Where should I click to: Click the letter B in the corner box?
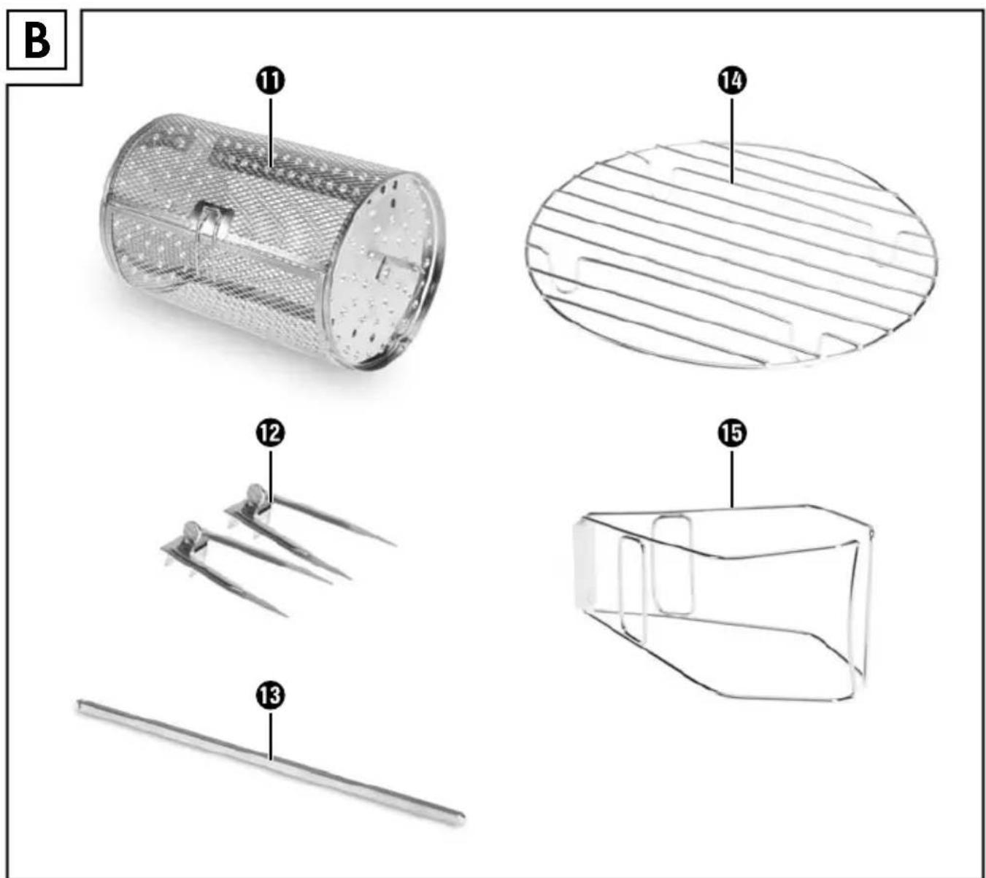pyautogui.click(x=37, y=41)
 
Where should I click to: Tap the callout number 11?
pyautogui.click(x=271, y=81)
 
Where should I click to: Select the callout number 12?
pyautogui.click(x=271, y=433)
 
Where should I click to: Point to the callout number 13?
pyautogui.click(x=271, y=695)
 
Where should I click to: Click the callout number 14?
pyautogui.click(x=733, y=81)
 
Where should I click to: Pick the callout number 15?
pyautogui.click(x=733, y=433)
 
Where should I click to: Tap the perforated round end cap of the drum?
pyautogui.click(x=385, y=272)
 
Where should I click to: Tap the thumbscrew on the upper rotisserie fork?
pyautogui.click(x=255, y=496)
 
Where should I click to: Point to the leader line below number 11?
pyautogui.click(x=271, y=132)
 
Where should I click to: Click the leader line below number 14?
pyautogui.click(x=733, y=139)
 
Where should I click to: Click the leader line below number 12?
pyautogui.click(x=271, y=475)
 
